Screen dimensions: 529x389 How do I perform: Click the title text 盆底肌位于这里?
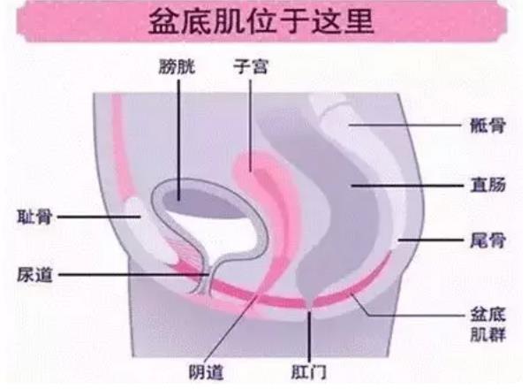(261, 21)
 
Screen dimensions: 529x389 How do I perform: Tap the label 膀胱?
(178, 67)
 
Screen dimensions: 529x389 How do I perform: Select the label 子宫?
(250, 67)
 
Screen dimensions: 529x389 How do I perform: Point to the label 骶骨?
(487, 126)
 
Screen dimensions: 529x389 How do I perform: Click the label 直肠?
(487, 186)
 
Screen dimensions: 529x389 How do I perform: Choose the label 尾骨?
(487, 240)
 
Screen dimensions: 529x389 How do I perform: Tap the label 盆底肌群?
(487, 324)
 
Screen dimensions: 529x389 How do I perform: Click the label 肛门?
(309, 373)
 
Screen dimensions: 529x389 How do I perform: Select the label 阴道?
(206, 373)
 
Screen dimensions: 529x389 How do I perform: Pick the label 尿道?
(34, 275)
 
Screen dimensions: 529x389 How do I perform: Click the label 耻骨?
(34, 217)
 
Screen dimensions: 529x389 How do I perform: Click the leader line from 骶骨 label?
(404, 125)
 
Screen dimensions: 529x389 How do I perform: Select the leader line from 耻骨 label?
(99, 217)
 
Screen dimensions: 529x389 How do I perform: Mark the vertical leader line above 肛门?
(309, 338)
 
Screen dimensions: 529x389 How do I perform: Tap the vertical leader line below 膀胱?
(178, 140)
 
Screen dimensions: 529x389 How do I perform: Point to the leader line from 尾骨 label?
(430, 240)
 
